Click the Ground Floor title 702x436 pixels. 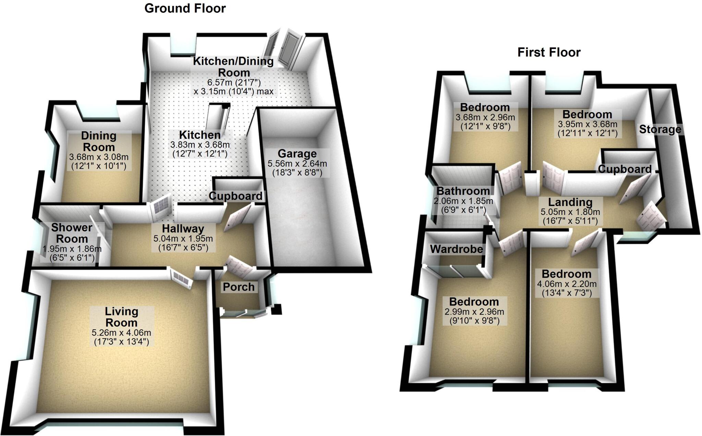(185, 8)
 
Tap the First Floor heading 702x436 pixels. (549, 52)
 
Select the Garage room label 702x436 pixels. (297, 154)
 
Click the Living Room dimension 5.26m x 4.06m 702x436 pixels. (121, 332)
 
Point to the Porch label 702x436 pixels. (239, 287)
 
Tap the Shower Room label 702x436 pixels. (72, 233)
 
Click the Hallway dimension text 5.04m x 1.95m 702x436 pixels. (183, 239)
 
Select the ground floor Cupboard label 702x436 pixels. (235, 196)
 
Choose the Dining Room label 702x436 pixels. (99, 141)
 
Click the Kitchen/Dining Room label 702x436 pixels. (233, 67)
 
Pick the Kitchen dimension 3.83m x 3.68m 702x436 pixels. (200, 145)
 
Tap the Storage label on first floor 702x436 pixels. (660, 129)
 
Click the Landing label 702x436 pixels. (570, 202)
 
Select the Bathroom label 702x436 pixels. (463, 191)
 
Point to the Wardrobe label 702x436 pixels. (456, 249)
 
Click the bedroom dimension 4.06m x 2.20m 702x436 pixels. (567, 284)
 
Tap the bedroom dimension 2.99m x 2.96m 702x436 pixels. (474, 312)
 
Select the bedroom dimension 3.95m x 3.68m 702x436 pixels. (587, 124)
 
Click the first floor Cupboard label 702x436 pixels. (625, 169)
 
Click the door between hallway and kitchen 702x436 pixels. (161, 207)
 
